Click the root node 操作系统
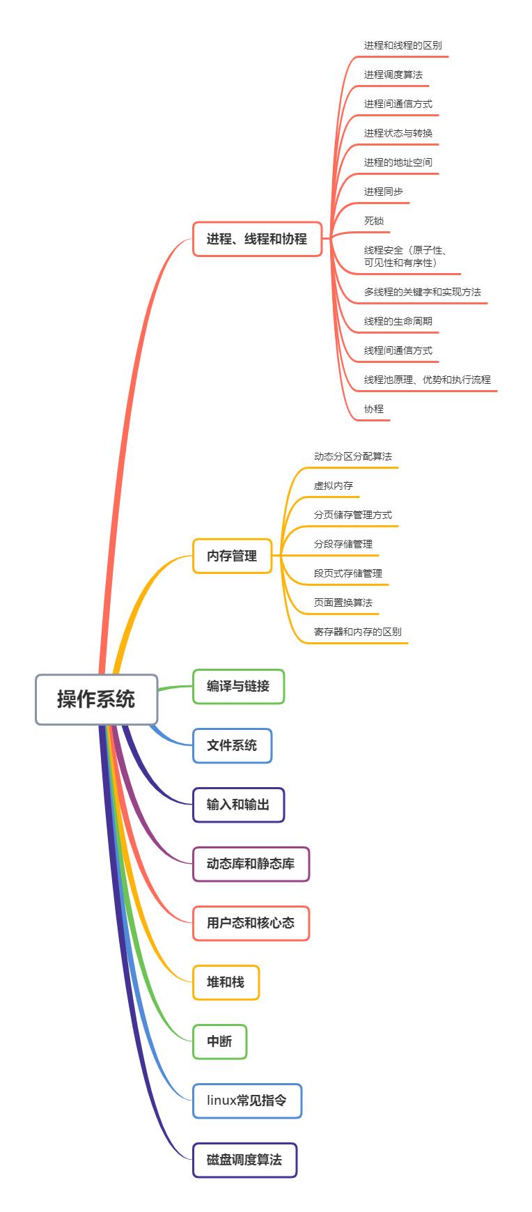click(96, 699)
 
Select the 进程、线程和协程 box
click(257, 239)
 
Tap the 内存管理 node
click(232, 556)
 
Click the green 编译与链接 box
click(238, 686)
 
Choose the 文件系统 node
click(232, 745)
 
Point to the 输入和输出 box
click(238, 805)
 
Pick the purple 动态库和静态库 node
click(251, 864)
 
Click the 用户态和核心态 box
click(251, 923)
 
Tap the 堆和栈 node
click(226, 982)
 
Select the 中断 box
click(219, 1041)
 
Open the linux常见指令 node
click(247, 1101)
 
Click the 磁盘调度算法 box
click(244, 1160)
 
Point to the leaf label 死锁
click(374, 221)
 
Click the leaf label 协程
click(374, 409)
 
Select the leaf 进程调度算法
click(393, 75)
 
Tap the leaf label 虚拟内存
click(333, 485)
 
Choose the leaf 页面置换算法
click(343, 603)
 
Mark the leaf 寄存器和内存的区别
click(357, 632)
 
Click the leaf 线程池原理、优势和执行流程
click(427, 380)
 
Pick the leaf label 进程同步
click(383, 192)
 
